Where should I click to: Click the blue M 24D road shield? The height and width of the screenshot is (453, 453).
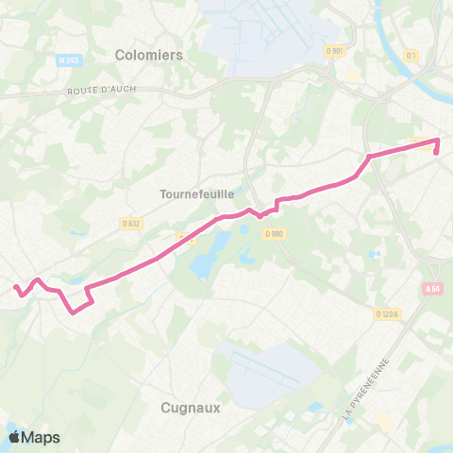tap(66, 60)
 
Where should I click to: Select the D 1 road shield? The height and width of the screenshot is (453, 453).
tap(410, 55)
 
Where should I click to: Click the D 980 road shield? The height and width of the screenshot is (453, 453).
tap(274, 234)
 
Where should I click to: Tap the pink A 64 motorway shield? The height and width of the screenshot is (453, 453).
tap(432, 289)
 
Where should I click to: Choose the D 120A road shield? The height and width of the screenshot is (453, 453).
tap(387, 314)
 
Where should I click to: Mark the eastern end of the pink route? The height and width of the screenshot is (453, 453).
tap(438, 141)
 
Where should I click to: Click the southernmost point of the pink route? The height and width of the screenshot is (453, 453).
tap(73, 313)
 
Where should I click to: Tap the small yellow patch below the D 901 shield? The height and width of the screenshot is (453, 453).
tap(353, 75)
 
